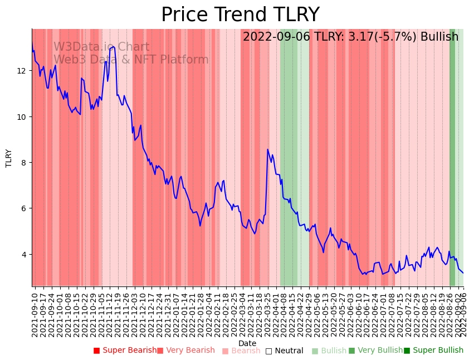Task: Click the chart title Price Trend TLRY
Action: click(x=240, y=15)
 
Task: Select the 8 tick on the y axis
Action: click(x=25, y=163)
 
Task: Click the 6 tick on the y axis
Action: click(x=25, y=208)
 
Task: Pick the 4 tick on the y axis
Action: click(x=25, y=254)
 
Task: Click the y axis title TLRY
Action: click(x=9, y=158)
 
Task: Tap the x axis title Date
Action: click(x=247, y=344)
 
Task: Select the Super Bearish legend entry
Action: click(x=125, y=351)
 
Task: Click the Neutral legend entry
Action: click(x=285, y=351)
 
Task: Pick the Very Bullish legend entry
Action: click(x=375, y=351)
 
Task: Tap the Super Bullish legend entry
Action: click(x=434, y=351)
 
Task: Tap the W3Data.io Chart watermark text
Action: click(x=101, y=47)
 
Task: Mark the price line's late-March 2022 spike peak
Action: click(x=268, y=149)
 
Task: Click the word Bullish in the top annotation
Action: click(x=439, y=37)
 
